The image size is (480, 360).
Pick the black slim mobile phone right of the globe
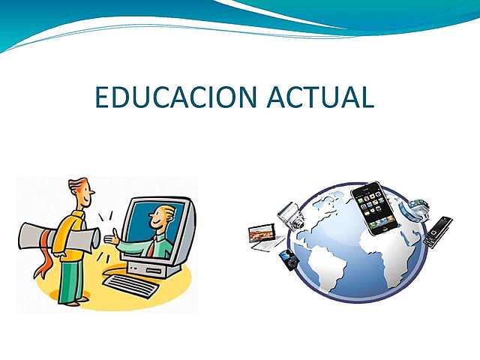click(436, 232)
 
